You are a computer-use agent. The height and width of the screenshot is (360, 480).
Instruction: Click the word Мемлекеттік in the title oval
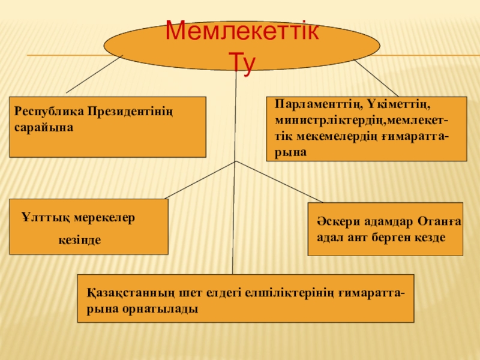pyautogui.click(x=242, y=31)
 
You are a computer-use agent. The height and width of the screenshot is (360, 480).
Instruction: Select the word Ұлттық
pyautogui.click(x=40, y=217)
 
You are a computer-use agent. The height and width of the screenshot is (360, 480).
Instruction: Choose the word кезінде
pyautogui.click(x=79, y=240)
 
